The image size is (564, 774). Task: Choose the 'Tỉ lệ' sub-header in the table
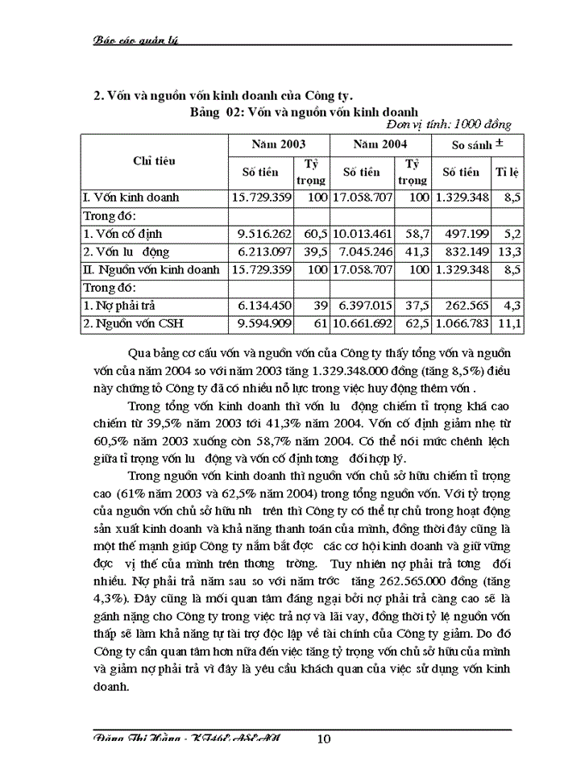[507, 172]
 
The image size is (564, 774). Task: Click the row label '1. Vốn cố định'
[120, 234]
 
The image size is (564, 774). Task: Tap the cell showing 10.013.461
[364, 234]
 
